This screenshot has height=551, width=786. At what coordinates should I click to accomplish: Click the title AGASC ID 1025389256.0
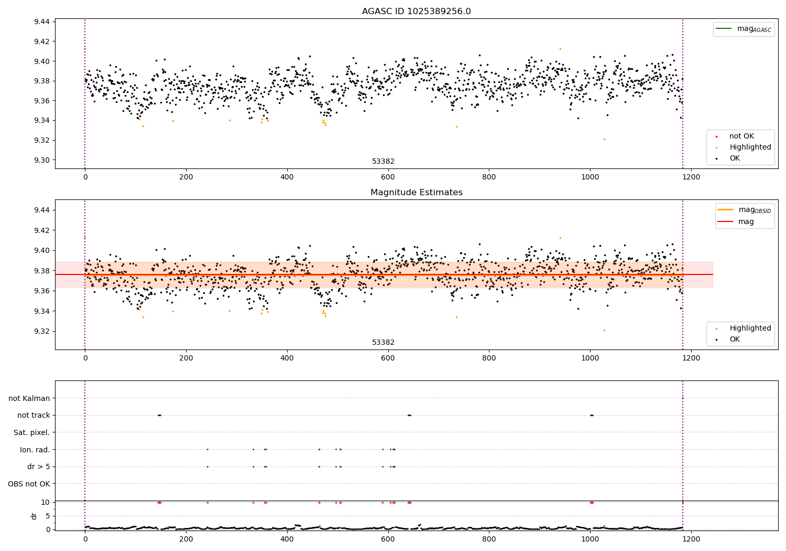tap(416, 12)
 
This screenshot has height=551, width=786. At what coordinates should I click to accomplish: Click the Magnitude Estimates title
tap(416, 193)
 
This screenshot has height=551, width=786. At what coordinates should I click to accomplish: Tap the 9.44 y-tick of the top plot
tap(41, 22)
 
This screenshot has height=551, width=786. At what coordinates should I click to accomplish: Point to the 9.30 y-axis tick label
tap(41, 160)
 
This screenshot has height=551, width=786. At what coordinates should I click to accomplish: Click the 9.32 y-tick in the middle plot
tap(41, 331)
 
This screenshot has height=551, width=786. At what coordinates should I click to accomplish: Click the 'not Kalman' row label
tap(29, 398)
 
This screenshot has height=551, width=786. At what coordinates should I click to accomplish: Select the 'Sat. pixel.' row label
tap(31, 432)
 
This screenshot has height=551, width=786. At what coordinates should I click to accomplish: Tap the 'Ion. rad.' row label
tap(35, 450)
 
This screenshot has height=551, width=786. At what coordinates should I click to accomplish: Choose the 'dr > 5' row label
tap(39, 467)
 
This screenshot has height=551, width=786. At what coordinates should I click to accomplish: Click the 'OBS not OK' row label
tap(29, 484)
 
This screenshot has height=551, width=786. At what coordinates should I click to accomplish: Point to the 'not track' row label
tap(34, 415)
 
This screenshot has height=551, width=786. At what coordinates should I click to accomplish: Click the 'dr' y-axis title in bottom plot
tap(34, 516)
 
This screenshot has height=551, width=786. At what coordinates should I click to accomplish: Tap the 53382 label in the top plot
tap(383, 162)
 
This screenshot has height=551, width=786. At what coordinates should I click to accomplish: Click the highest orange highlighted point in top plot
tap(560, 49)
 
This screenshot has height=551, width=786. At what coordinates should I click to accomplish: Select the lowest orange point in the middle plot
tap(604, 330)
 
